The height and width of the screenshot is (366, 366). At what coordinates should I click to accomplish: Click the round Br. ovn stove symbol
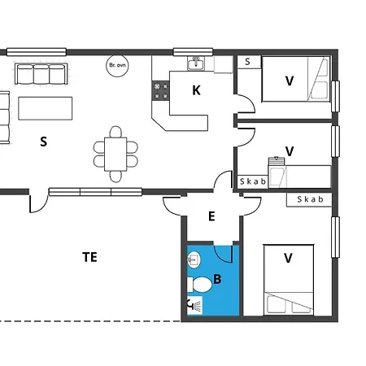point(117,66)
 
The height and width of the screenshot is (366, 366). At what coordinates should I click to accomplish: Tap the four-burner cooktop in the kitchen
point(161,91)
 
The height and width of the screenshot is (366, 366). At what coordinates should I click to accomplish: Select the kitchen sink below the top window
point(196,63)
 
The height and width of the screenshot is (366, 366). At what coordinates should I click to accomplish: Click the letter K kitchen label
point(196,90)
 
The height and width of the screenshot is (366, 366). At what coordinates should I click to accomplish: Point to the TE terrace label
point(89,257)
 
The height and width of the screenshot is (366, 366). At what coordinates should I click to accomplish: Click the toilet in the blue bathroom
point(200,285)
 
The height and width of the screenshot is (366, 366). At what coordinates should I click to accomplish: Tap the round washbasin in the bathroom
point(194,259)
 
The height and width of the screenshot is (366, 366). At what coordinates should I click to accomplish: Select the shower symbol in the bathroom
point(195,306)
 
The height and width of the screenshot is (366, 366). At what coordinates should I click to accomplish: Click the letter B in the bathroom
point(217,279)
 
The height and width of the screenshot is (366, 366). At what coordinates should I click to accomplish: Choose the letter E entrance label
point(211,216)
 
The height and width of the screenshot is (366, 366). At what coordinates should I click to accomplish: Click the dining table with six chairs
point(115,154)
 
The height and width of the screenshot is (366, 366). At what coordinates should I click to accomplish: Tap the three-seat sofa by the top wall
point(41,74)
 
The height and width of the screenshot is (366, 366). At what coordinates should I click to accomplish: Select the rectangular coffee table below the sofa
point(46,108)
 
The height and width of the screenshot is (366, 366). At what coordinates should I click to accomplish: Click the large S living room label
point(43,142)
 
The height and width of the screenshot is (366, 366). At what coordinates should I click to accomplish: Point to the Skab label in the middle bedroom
point(253,181)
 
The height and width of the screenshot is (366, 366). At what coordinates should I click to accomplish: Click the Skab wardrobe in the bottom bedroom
point(310,199)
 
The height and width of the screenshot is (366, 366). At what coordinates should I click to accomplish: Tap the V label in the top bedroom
point(290,81)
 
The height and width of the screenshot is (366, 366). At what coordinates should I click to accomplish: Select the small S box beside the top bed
point(249,62)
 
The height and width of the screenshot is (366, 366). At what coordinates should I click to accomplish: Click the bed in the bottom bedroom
point(289,280)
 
